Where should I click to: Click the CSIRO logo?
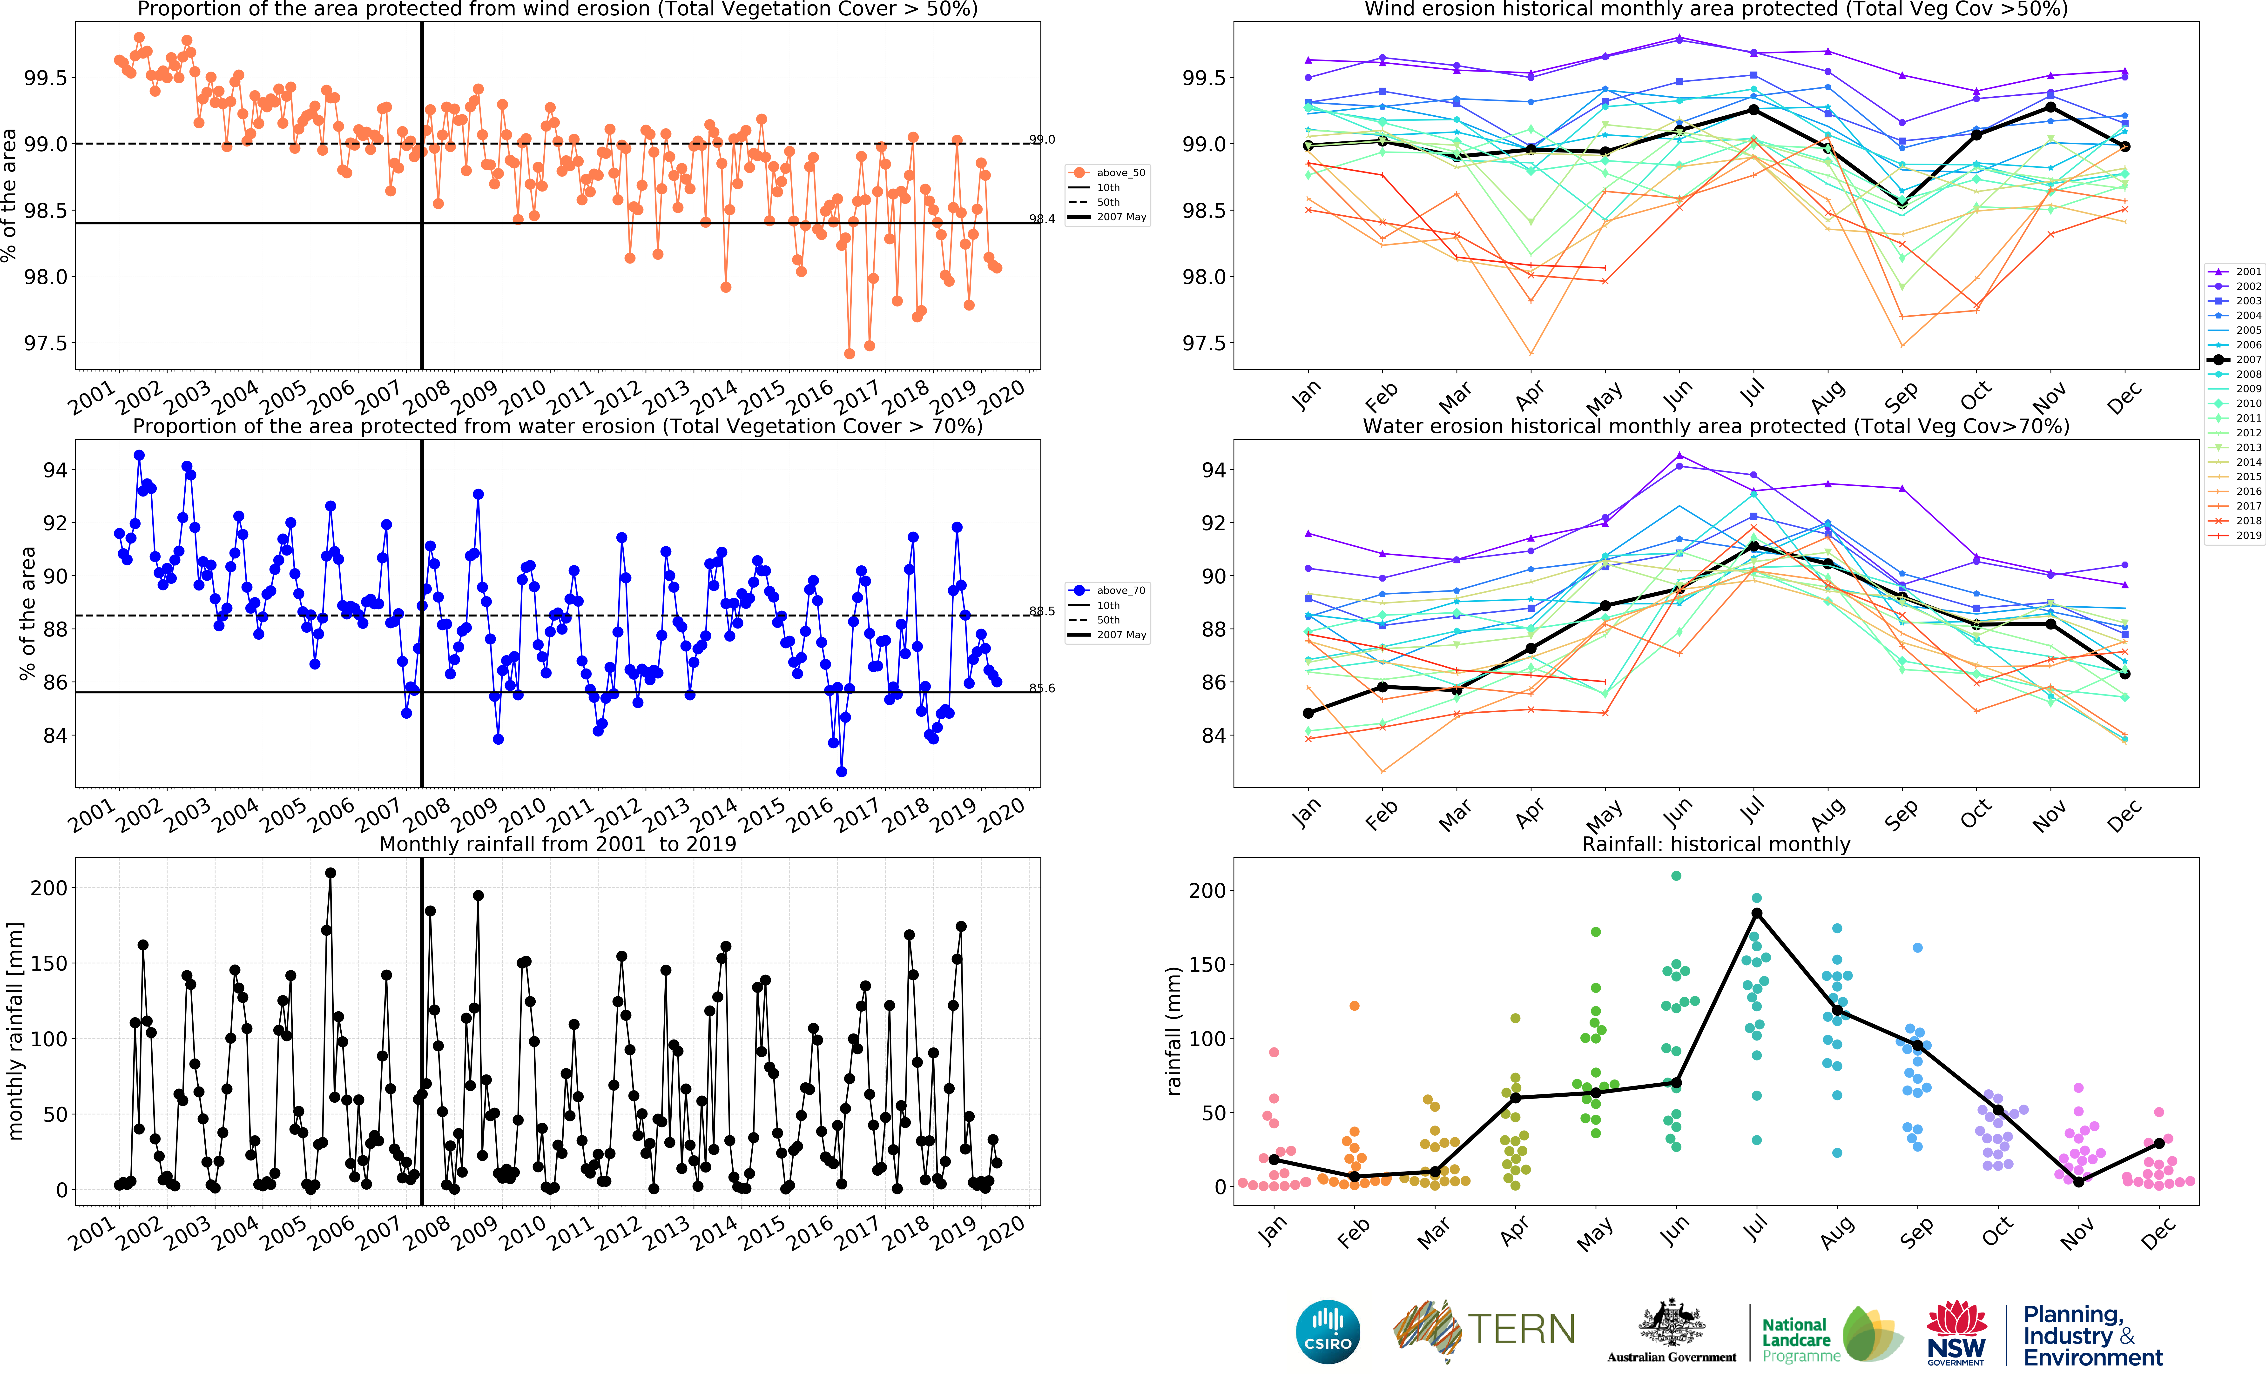(1327, 1331)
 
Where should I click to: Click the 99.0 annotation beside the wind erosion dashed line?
(1042, 140)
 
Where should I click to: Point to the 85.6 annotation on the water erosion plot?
(1042, 688)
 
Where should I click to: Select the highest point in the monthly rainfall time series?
(330, 873)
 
